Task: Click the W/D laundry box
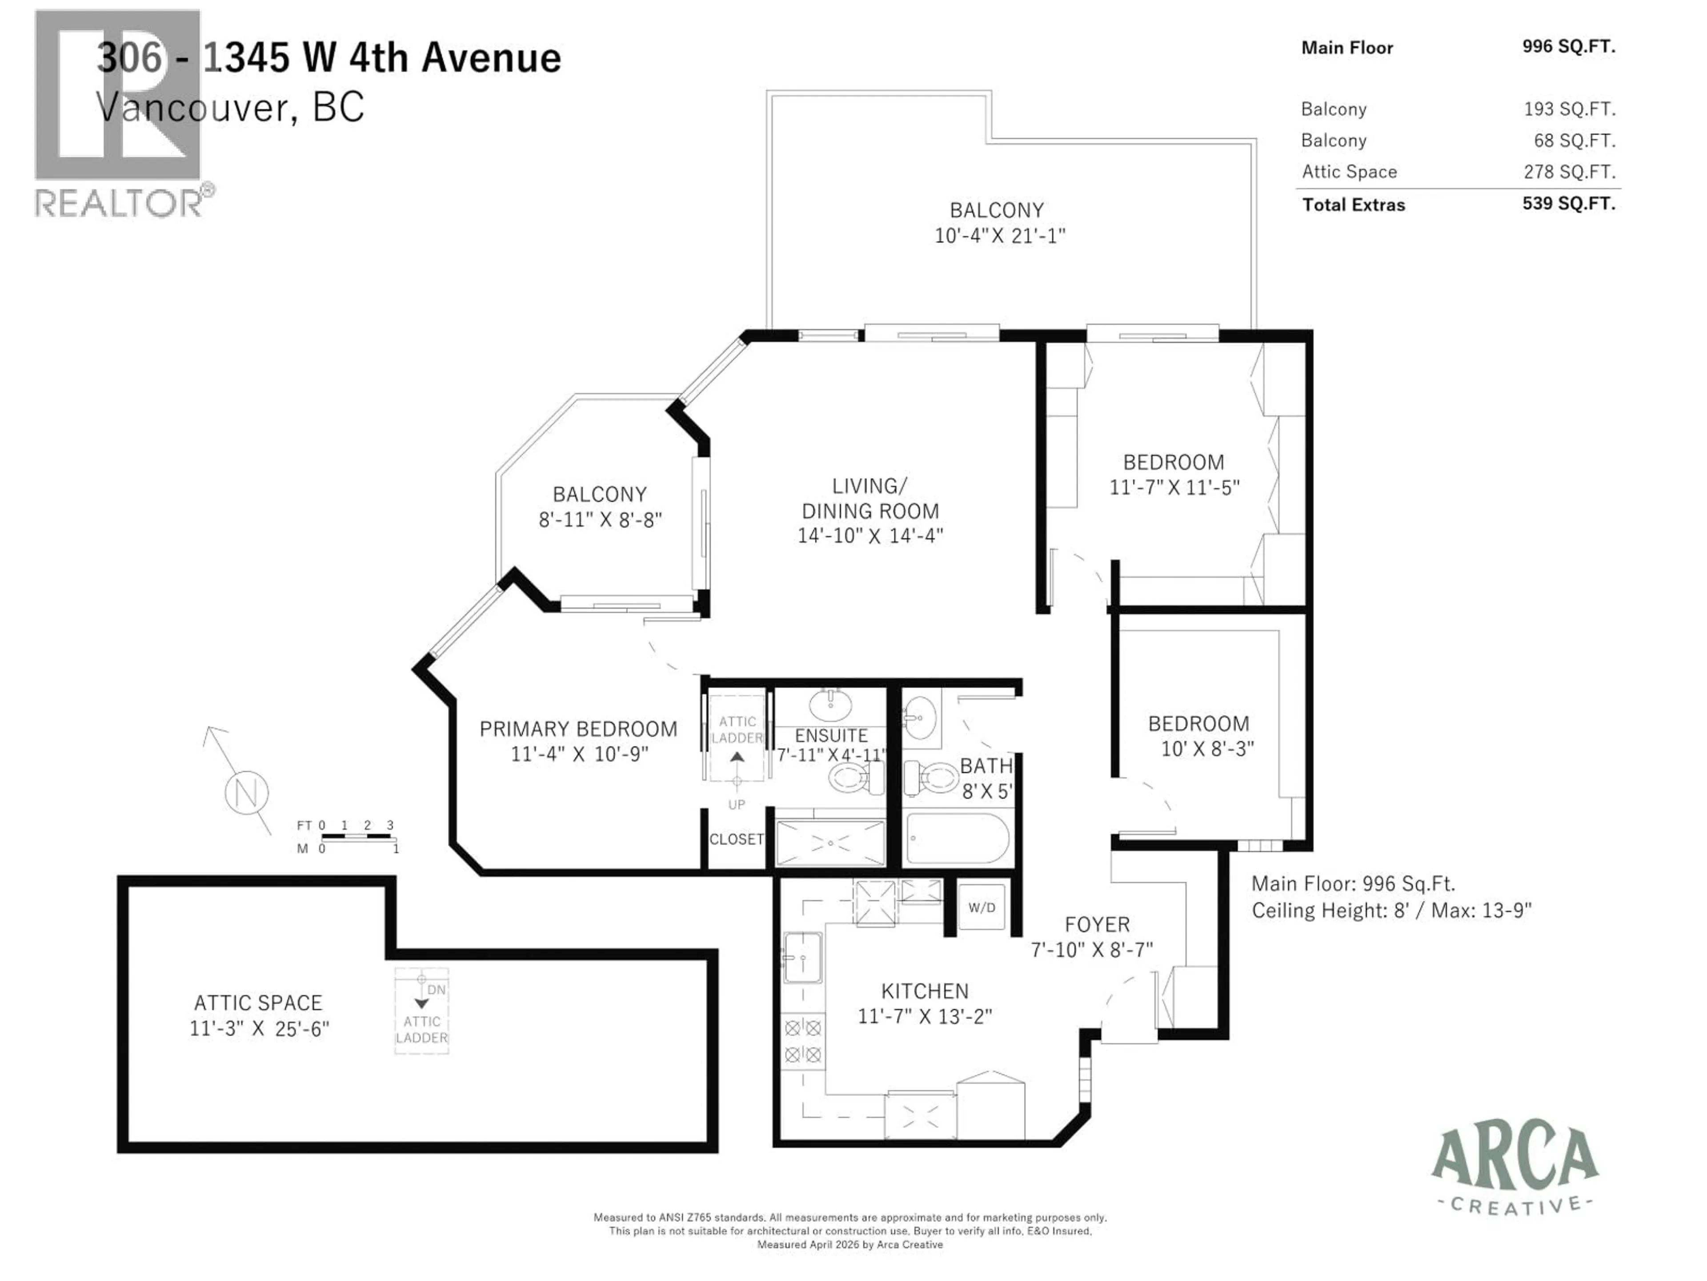(982, 907)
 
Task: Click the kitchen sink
(802, 958)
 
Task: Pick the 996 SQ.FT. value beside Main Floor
(1568, 46)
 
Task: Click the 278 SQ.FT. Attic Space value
(1569, 171)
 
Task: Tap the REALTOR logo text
(120, 204)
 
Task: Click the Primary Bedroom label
(578, 729)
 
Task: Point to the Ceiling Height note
(1390, 911)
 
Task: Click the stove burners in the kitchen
(802, 1041)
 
